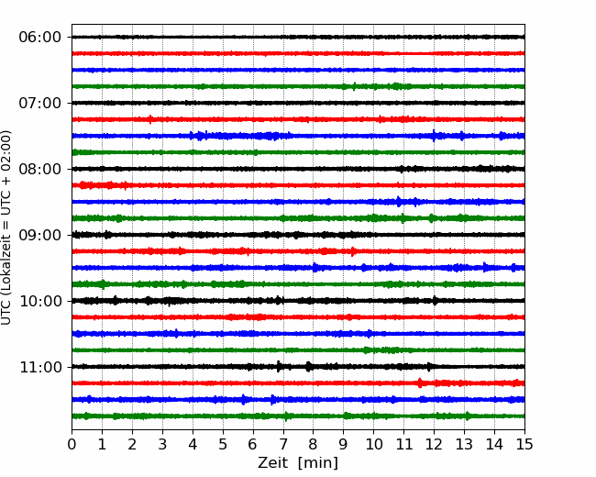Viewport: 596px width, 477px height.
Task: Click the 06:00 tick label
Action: click(40, 38)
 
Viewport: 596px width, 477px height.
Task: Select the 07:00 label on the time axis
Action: click(40, 103)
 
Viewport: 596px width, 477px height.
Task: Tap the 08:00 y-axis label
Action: click(40, 169)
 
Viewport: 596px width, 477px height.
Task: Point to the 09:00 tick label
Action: click(40, 235)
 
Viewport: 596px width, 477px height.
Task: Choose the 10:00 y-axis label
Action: click(40, 301)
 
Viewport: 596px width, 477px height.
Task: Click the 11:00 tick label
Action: click(40, 367)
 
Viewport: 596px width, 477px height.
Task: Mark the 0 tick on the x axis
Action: click(72, 444)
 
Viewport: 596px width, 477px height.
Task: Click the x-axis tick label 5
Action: click(223, 444)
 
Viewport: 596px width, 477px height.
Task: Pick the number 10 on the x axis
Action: click(373, 444)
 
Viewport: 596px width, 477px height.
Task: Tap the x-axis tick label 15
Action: click(524, 444)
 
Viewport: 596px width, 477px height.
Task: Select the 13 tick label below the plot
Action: click(464, 444)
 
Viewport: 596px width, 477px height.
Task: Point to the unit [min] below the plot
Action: click(318, 463)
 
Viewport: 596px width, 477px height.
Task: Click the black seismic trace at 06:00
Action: click(298, 37)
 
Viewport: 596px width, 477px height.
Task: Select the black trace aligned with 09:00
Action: click(298, 235)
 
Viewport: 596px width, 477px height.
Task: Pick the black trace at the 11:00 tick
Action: click(298, 367)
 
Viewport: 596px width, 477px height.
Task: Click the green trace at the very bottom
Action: click(298, 416)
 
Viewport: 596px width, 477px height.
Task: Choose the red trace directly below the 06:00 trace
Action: click(298, 53)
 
